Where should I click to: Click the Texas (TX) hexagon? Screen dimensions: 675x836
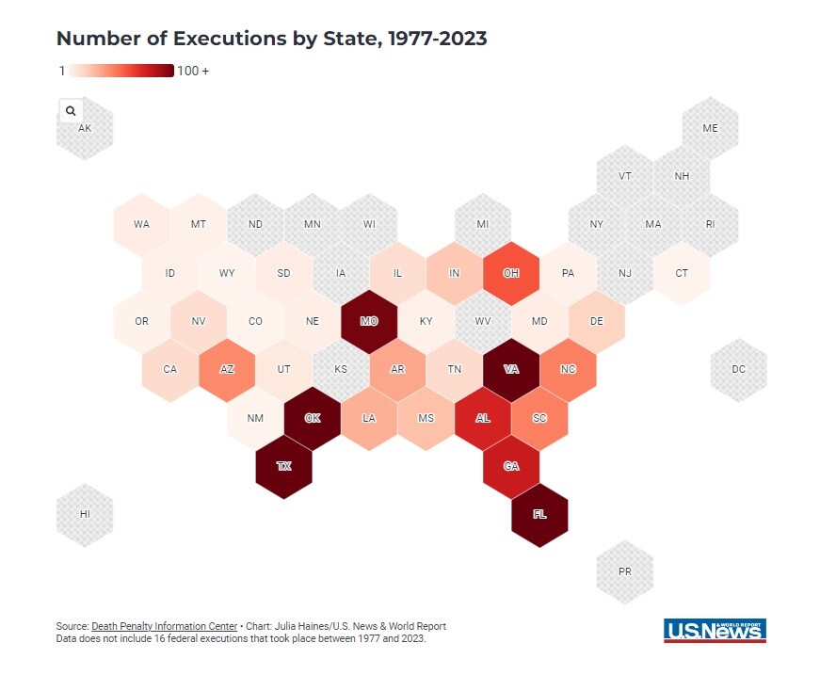(283, 466)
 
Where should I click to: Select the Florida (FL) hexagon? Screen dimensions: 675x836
(539, 514)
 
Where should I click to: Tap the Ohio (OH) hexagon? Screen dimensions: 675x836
(511, 273)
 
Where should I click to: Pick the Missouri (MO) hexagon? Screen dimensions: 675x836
(369, 321)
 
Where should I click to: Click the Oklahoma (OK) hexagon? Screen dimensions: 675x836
(312, 418)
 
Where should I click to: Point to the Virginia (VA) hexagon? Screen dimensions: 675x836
(511, 369)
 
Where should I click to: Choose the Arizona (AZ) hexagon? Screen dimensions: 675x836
(227, 369)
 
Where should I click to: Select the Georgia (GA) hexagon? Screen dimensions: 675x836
(511, 466)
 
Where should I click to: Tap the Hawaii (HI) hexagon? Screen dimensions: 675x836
(85, 514)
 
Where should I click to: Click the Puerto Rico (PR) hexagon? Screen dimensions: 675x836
(625, 571)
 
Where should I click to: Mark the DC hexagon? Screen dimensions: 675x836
(738, 369)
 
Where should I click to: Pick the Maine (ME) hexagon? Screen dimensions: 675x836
(710, 128)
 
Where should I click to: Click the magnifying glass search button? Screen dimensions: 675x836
(71, 110)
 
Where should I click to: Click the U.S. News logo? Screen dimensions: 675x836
(715, 631)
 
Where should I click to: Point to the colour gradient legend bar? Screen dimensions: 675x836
(121, 71)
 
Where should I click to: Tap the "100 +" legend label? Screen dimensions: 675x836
(193, 71)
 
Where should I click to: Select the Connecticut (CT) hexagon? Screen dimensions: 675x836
(682, 273)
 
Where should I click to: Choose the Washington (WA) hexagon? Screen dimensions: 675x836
(141, 224)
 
